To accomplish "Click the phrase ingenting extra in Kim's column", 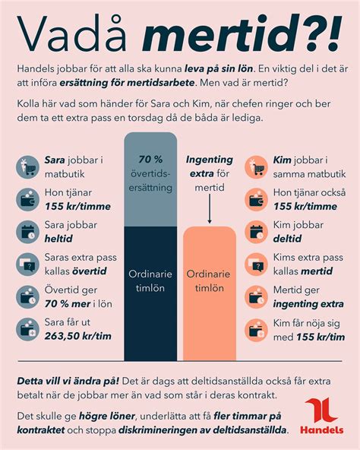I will tap(308, 303).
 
